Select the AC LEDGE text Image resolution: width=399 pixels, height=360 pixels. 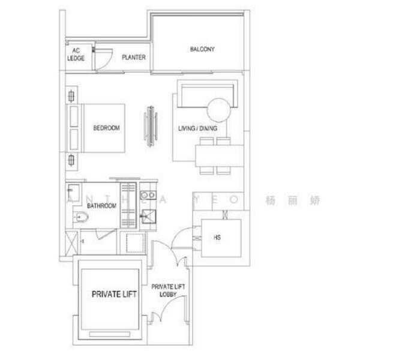tap(76, 55)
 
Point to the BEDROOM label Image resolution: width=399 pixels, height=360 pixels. tap(106, 128)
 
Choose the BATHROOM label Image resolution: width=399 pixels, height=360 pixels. tap(101, 206)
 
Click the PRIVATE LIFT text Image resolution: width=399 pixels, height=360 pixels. tap(114, 295)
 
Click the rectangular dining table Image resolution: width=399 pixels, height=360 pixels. tap(219, 158)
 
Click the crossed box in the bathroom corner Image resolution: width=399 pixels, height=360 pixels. tap(72, 244)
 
